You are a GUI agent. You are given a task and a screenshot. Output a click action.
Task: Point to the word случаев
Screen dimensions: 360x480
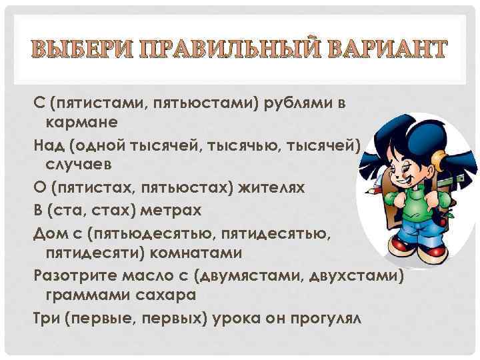tap(79, 163)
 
